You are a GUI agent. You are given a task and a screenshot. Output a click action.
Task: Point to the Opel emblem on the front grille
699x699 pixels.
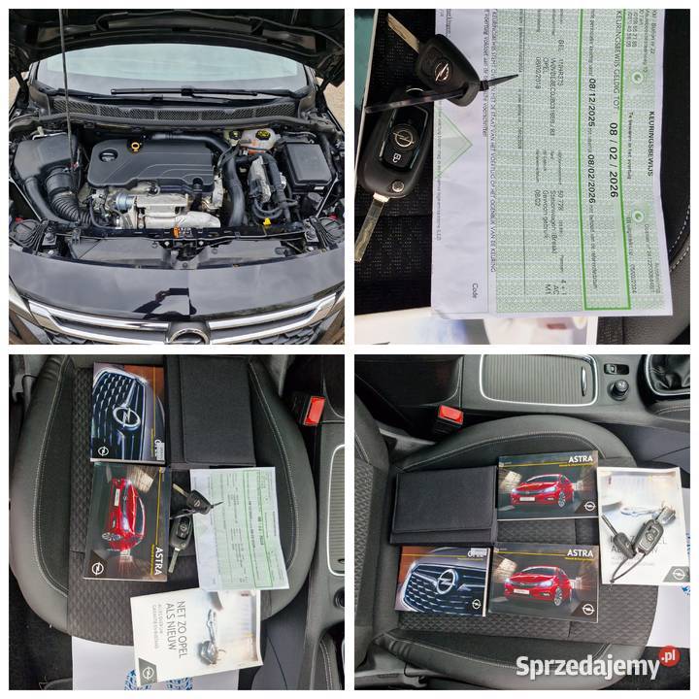click(x=187, y=334)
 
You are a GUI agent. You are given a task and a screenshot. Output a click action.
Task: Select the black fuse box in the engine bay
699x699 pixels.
click(x=303, y=163)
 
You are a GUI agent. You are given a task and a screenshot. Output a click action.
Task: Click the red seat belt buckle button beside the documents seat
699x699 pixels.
click(x=314, y=410)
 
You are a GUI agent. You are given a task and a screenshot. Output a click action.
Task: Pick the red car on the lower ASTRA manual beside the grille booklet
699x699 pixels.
click(x=534, y=576)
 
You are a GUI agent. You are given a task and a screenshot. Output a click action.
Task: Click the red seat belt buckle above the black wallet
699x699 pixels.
click(x=448, y=418)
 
